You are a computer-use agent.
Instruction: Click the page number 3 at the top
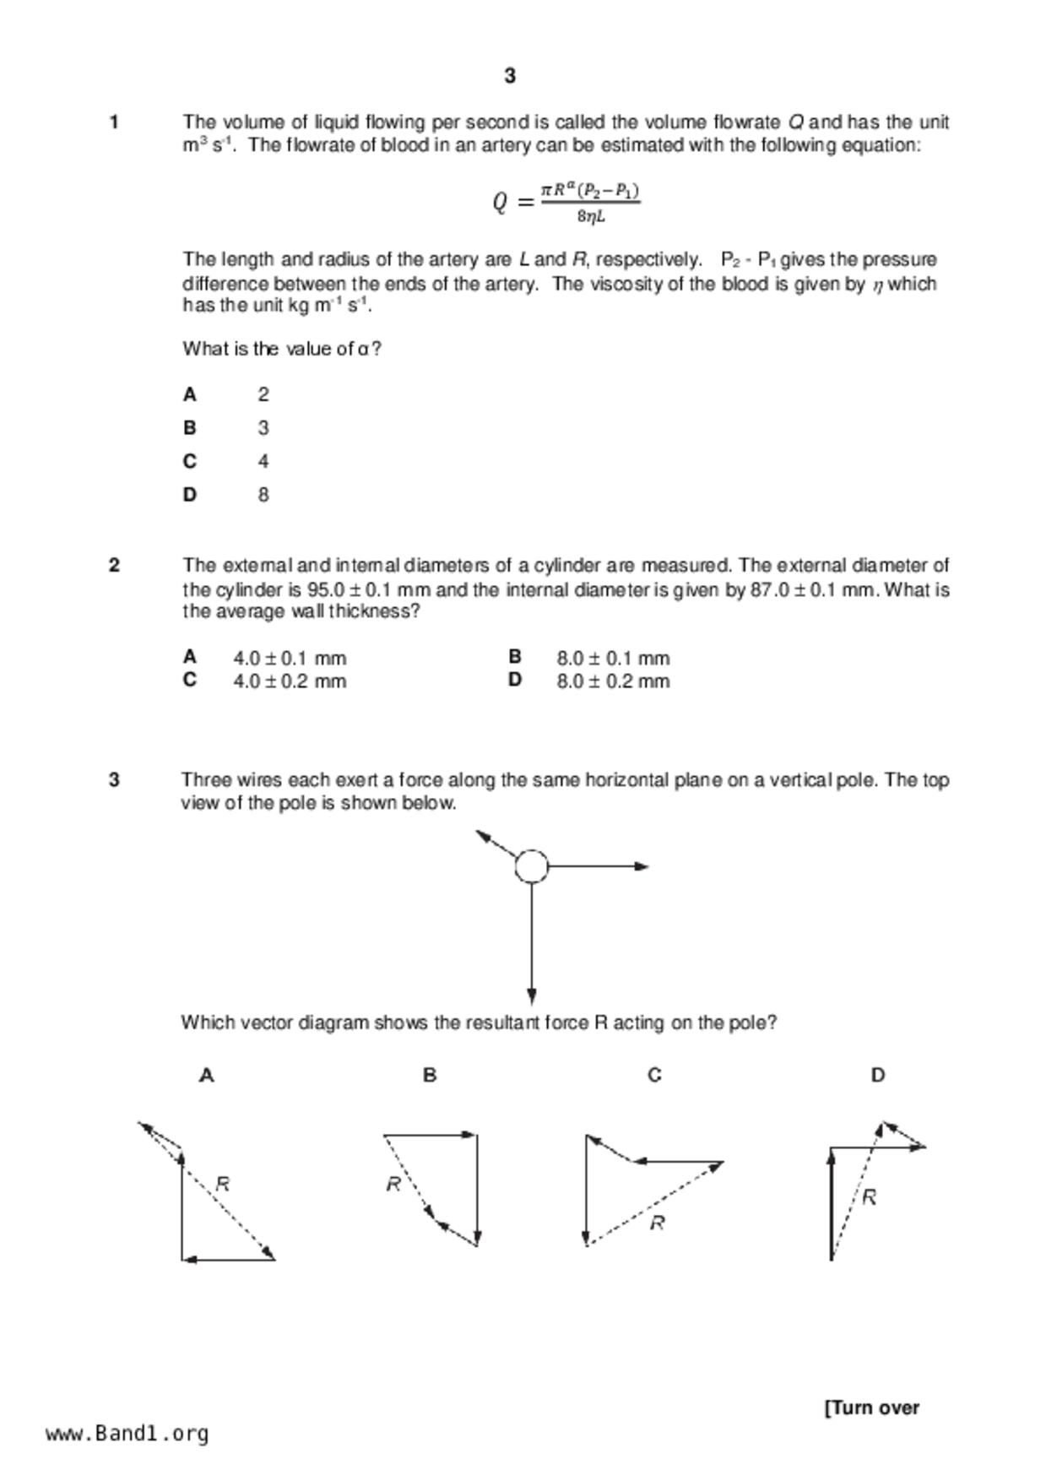510,76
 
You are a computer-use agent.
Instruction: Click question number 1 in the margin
114,122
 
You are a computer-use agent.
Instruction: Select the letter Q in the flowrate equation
501,203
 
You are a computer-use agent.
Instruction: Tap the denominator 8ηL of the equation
591,217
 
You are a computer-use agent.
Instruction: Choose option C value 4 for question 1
263,462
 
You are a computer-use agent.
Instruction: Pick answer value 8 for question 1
263,495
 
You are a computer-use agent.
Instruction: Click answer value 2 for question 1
263,394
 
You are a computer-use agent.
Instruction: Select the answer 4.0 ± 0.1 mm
290,658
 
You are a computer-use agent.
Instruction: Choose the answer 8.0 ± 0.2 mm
613,681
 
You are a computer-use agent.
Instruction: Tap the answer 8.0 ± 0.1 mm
613,658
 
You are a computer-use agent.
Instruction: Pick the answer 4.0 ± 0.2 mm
290,681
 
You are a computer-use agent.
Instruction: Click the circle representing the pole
532,866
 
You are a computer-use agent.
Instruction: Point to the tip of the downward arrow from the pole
532,1001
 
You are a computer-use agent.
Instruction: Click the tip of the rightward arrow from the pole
647,866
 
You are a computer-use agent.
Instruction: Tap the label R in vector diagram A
223,1184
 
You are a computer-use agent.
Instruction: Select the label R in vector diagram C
658,1223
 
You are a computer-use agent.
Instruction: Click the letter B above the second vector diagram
430,1076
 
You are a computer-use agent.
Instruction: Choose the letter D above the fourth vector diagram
878,1076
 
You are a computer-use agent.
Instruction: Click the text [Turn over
872,1408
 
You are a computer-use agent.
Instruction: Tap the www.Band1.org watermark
127,1434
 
